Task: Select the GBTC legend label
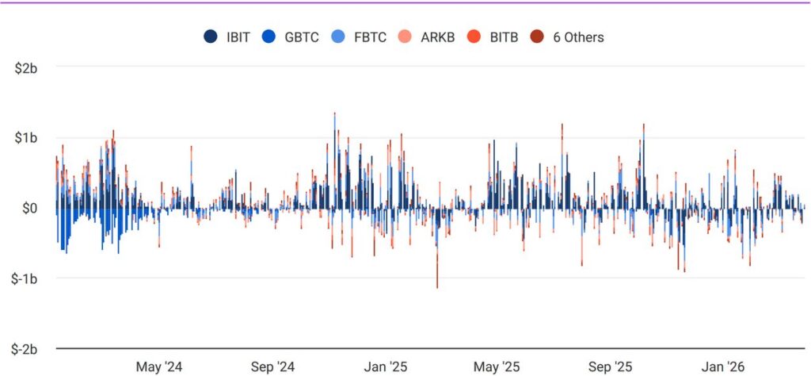point(302,36)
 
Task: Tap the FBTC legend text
point(369,36)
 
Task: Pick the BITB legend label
point(501,36)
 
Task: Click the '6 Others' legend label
point(577,36)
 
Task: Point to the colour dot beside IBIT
point(211,36)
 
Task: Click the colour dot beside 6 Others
point(539,36)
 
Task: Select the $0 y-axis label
point(30,209)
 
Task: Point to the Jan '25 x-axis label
point(386,366)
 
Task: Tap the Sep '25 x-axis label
point(611,366)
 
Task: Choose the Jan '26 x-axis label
point(724,366)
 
